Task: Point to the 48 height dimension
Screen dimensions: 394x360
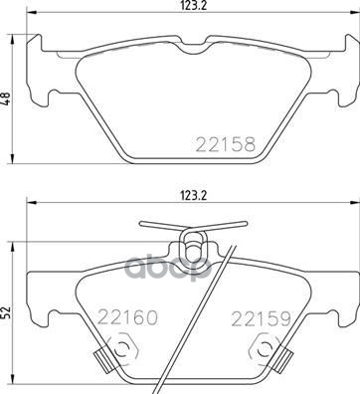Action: click(8, 101)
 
